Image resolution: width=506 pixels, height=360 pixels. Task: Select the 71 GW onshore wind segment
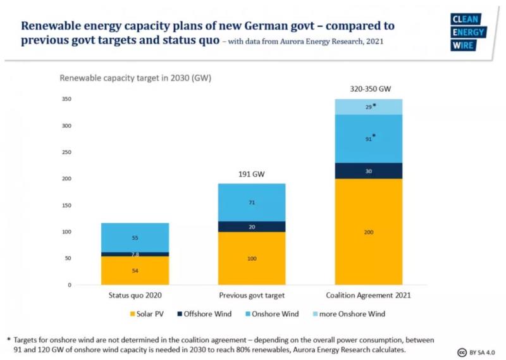[252, 202]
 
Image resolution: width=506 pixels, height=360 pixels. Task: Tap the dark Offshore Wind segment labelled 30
[368, 171]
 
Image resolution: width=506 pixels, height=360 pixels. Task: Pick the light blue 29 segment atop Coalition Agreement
[368, 107]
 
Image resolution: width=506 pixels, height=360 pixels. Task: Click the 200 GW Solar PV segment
[368, 232]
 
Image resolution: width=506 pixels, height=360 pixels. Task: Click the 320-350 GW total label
[368, 89]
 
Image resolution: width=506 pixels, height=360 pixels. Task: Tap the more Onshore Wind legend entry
[351, 313]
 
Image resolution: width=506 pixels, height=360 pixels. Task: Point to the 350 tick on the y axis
[83, 99]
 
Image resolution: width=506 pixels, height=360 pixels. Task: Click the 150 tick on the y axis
[83, 206]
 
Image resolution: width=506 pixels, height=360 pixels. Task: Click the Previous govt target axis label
[251, 295]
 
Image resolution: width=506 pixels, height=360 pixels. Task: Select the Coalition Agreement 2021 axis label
[368, 295]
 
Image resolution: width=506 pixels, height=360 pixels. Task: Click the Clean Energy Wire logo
[468, 32]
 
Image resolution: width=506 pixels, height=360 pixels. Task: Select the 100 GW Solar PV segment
[252, 259]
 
